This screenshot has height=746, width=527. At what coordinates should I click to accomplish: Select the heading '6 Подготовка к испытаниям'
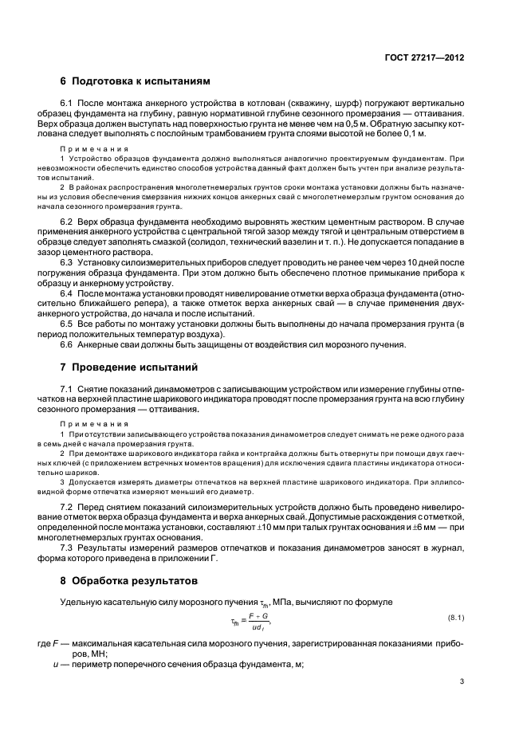pyautogui.click(x=136, y=81)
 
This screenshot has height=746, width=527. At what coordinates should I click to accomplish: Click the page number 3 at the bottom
pyautogui.click(x=462, y=681)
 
